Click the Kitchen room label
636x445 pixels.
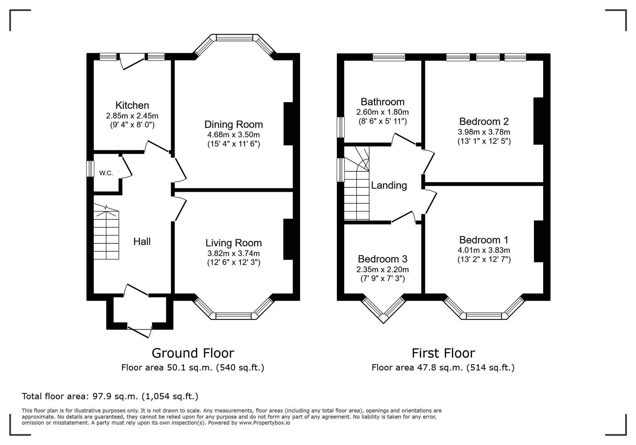[x=132, y=105]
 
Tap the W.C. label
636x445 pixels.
[x=106, y=173]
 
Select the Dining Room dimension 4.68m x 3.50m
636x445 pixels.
[x=234, y=135]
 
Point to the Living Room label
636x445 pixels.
[x=234, y=243]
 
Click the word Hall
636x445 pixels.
[x=142, y=242]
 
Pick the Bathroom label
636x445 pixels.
[x=383, y=102]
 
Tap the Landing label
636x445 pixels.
[x=389, y=185]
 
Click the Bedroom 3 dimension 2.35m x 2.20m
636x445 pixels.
[x=383, y=270]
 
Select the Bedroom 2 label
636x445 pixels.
[x=484, y=122]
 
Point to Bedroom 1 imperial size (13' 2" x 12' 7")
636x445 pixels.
[x=484, y=260]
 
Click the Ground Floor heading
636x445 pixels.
[x=193, y=353]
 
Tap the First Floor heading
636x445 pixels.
[x=443, y=353]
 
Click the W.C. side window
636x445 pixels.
[x=91, y=169]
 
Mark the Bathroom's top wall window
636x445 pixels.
[x=389, y=57]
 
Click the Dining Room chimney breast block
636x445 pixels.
[x=288, y=124]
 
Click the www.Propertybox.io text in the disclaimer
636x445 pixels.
[x=265, y=423]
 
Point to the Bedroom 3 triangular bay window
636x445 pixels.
[x=383, y=311]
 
